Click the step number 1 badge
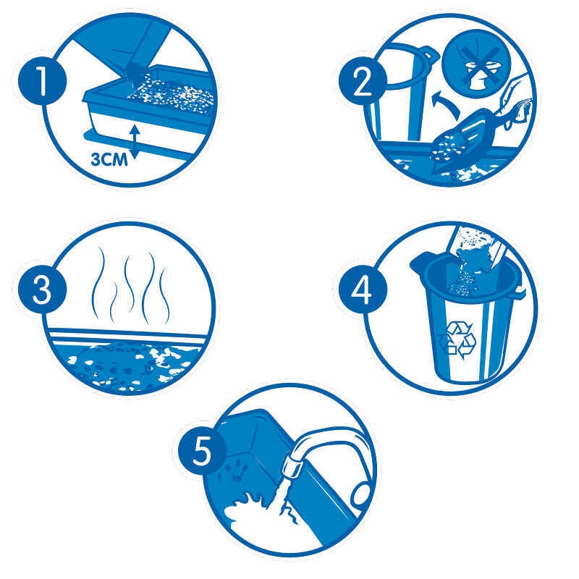point(42,81)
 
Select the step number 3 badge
point(42,288)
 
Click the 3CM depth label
point(109,160)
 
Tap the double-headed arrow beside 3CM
point(135,142)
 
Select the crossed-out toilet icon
point(478,64)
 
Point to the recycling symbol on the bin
point(456,339)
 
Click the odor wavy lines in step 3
point(131,284)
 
